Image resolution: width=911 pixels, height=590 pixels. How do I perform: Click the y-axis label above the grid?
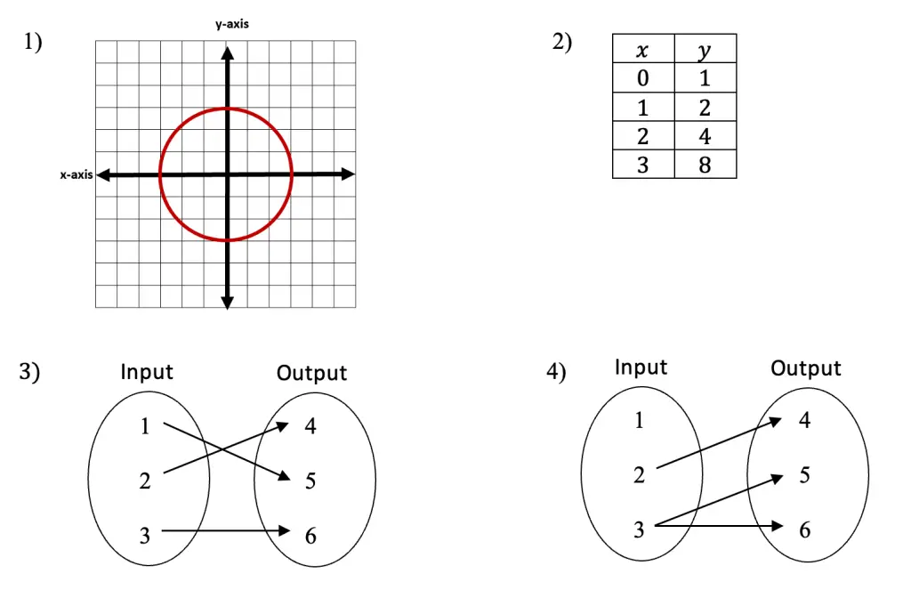click(232, 24)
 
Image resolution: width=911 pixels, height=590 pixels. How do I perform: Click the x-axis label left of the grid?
click(77, 174)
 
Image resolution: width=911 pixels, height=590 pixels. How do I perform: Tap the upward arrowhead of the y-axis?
click(227, 53)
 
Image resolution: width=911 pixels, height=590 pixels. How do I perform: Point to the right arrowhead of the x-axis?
click(348, 174)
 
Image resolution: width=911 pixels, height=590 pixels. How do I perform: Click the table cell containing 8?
click(705, 165)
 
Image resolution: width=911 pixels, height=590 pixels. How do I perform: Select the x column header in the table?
click(643, 49)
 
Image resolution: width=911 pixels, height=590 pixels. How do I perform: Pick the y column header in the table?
click(705, 49)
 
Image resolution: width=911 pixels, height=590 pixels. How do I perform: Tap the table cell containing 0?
click(643, 78)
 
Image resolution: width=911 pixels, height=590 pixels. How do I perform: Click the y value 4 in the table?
click(705, 136)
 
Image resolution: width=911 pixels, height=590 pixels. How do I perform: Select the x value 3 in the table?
click(643, 165)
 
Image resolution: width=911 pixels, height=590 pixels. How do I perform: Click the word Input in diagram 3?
click(147, 372)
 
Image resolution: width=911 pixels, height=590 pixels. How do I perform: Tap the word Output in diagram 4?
click(806, 368)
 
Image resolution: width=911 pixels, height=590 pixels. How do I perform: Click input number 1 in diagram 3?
click(145, 426)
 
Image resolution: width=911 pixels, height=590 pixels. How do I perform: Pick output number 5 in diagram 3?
click(310, 481)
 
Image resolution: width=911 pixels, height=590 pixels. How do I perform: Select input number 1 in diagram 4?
click(639, 420)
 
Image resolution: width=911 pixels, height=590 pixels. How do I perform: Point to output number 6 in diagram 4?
click(804, 529)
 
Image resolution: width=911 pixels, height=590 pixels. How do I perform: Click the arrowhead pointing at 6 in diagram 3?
click(284, 530)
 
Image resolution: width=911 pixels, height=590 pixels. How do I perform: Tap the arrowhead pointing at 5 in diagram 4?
click(778, 479)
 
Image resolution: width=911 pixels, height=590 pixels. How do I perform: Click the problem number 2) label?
click(562, 42)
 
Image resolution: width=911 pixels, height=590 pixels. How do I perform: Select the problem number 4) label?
click(556, 371)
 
